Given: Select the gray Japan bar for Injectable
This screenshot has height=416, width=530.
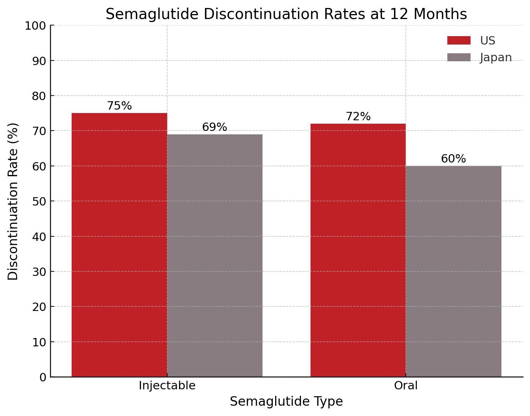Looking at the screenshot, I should tap(215, 255).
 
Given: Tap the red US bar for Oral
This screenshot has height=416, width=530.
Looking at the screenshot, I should tap(358, 250).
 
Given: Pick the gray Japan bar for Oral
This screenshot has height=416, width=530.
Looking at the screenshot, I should tap(453, 271).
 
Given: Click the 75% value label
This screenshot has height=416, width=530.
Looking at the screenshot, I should tap(119, 106).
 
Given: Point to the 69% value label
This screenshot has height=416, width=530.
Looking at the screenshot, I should tap(215, 127).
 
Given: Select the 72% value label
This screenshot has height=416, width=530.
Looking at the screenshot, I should tap(358, 116).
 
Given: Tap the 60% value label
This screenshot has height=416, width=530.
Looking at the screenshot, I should tap(453, 159).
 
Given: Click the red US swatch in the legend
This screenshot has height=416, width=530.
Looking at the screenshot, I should tap(459, 40).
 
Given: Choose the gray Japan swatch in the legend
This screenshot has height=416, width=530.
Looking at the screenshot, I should tap(459, 57).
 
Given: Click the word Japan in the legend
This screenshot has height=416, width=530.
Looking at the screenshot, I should tap(496, 57).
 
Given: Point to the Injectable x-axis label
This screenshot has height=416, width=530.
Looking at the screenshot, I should tap(167, 386).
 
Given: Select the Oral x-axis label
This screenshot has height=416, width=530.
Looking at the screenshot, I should tap(406, 386).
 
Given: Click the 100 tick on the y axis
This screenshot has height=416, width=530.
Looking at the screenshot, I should tap(35, 26).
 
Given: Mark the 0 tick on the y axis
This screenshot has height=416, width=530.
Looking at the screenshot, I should tap(42, 377).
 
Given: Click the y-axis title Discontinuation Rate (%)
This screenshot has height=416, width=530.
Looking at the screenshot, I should tap(13, 201).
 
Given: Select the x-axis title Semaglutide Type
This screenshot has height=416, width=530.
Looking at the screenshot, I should tap(286, 402).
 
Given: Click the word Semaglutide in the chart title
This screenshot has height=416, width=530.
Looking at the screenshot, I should tap(152, 14).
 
